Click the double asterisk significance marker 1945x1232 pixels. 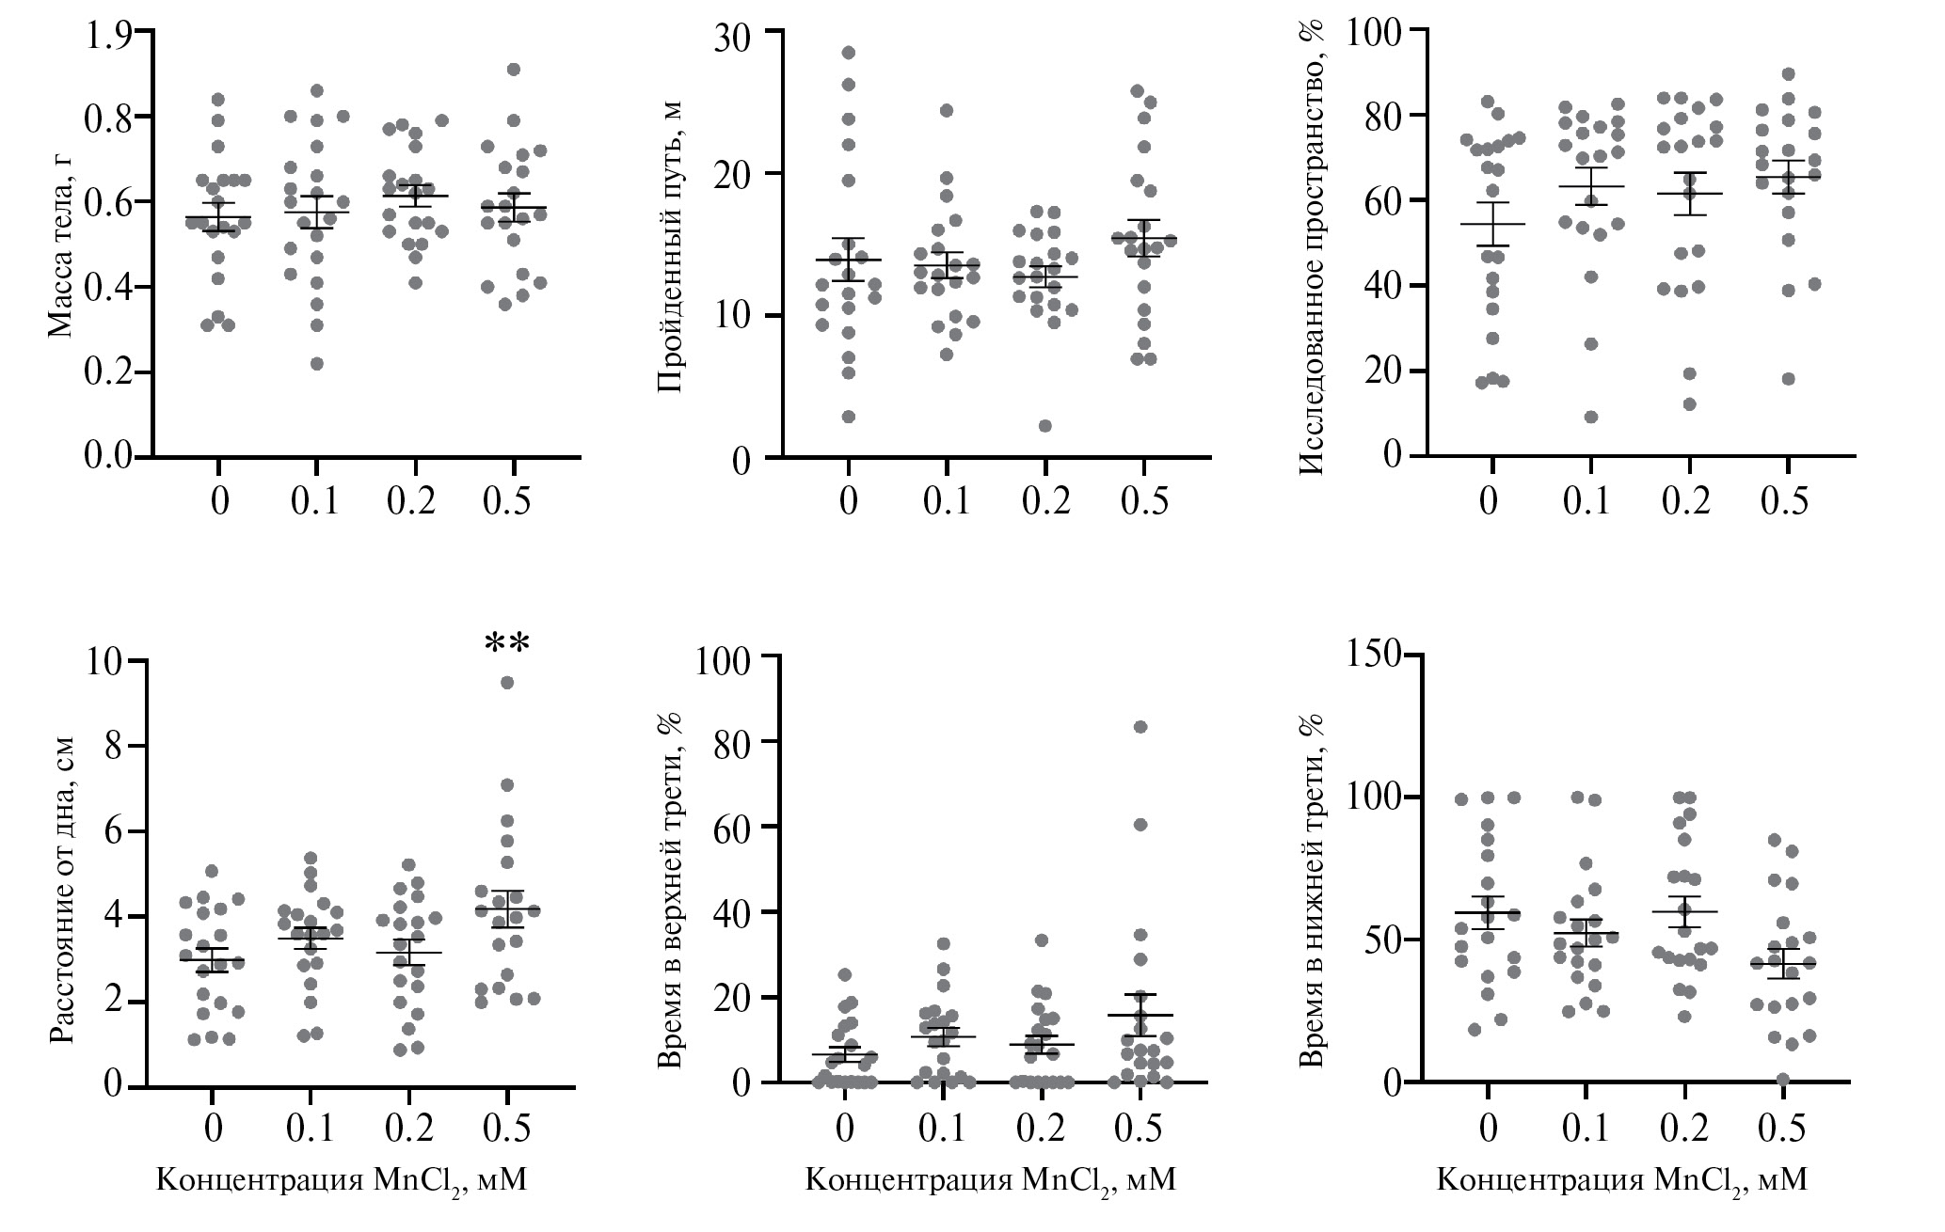pyautogui.click(x=507, y=645)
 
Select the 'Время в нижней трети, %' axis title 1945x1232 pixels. pyautogui.click(x=1311, y=871)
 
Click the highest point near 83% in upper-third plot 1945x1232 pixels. pyautogui.click(x=1140, y=726)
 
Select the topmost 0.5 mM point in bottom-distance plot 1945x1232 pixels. pyautogui.click(x=506, y=683)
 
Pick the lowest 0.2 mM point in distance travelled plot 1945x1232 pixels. pyautogui.click(x=1044, y=425)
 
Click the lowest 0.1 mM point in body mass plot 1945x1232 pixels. pyautogui.click(x=317, y=364)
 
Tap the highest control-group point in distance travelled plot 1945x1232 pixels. pyautogui.click(x=849, y=53)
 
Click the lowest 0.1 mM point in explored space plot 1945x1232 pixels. pyautogui.click(x=1590, y=418)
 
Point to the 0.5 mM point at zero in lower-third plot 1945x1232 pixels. pyautogui.click(x=1781, y=1079)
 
